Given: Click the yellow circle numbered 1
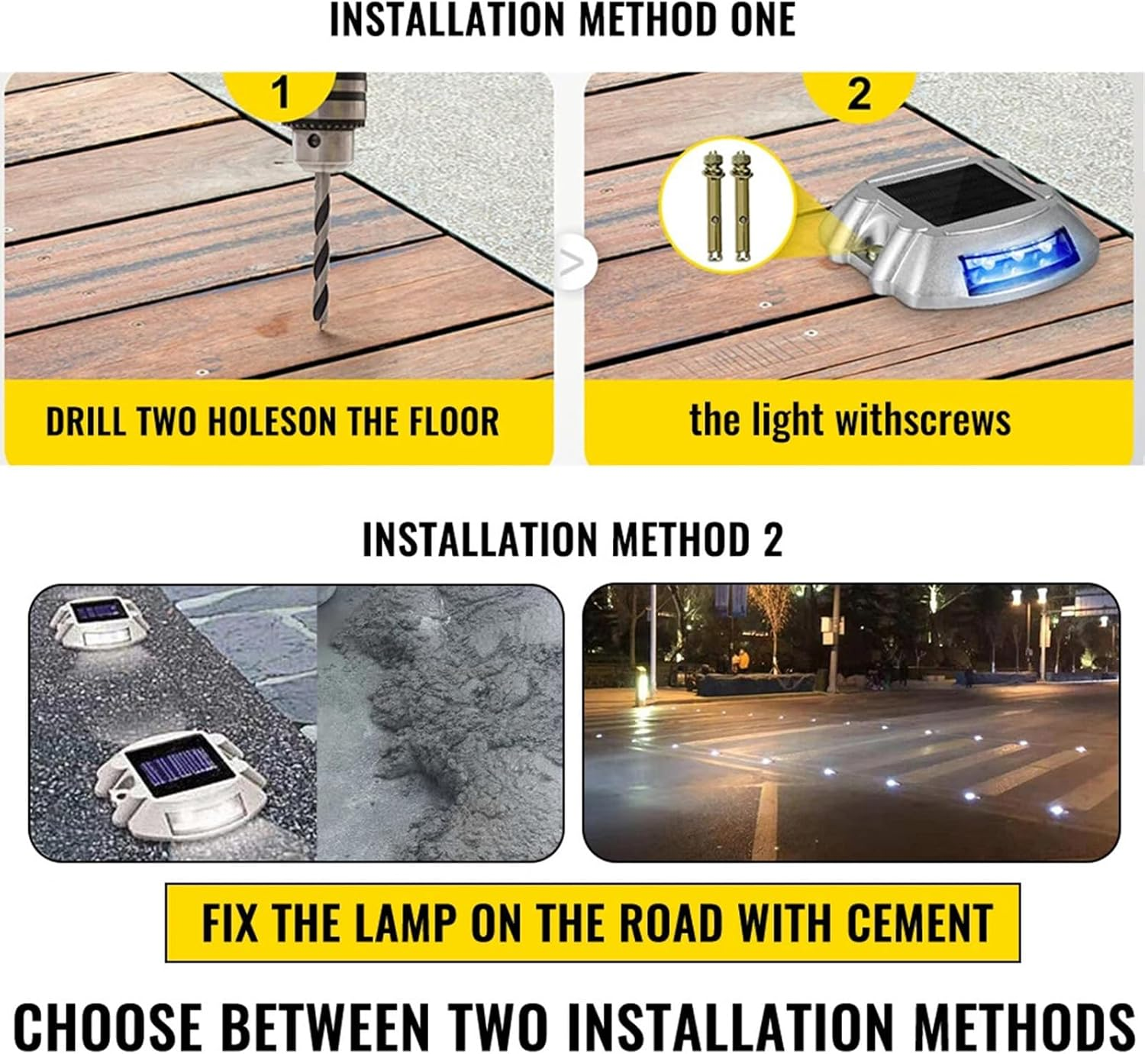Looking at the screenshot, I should pyautogui.click(x=281, y=92).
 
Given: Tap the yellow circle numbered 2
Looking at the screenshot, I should pyautogui.click(x=860, y=94).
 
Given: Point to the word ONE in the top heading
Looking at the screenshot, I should pyautogui.click(x=763, y=21).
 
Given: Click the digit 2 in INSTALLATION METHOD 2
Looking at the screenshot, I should pyautogui.click(x=772, y=539).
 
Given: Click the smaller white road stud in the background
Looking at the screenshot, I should pyautogui.click(x=95, y=621).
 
